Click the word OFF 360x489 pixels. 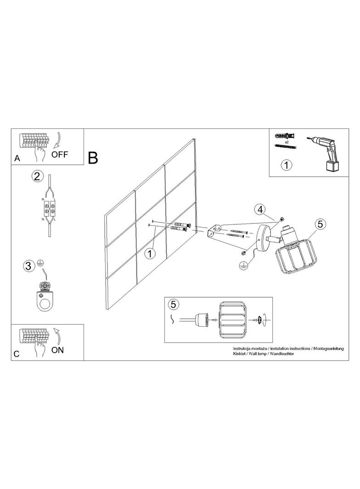(x=60, y=154)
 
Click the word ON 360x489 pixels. (x=57, y=350)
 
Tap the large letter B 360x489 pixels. (x=93, y=158)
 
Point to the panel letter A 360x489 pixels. (x=17, y=159)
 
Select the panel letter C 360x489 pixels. (x=17, y=354)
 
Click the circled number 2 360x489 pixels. (x=37, y=177)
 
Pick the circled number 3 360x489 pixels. (x=28, y=267)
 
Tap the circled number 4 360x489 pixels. (x=260, y=210)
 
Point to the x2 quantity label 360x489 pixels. (x=287, y=141)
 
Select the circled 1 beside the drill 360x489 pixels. (x=287, y=165)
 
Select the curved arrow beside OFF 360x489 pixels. (x=57, y=140)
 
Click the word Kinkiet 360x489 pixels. (x=240, y=354)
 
